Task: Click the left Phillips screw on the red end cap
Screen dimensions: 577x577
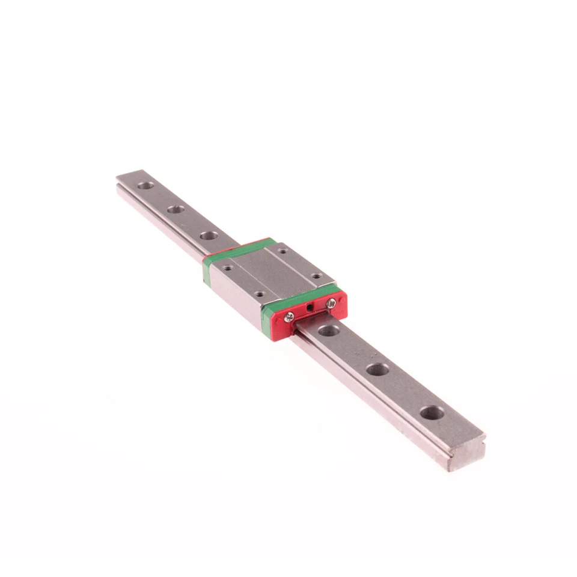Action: point(289,317)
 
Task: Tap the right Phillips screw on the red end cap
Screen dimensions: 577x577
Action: point(331,305)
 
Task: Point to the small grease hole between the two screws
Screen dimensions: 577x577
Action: point(309,308)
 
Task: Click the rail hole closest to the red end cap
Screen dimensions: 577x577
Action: point(328,330)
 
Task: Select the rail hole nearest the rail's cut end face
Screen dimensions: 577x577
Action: point(432,413)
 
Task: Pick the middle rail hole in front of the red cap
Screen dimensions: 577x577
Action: point(377,370)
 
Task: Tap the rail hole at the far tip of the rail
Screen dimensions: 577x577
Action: point(145,185)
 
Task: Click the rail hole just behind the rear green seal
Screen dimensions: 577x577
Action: point(209,235)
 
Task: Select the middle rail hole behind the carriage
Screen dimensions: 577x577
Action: point(176,209)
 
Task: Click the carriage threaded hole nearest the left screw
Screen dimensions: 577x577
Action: point(259,295)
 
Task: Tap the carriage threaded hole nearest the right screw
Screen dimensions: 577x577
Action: point(316,276)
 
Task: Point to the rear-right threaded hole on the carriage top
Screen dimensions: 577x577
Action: point(281,251)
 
